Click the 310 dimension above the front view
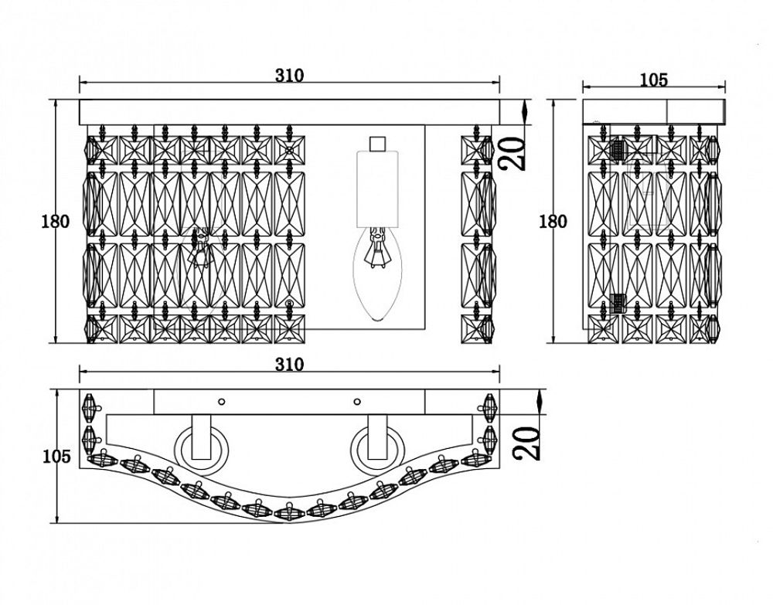pos(289,76)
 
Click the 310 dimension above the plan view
pos(289,364)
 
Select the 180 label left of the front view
pos(55,222)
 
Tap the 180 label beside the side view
pos(552,222)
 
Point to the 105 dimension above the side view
pos(654,80)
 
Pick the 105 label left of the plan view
pos(55,457)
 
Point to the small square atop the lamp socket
pos(377,144)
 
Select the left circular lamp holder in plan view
pos(201,447)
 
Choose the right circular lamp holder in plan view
pos(376,447)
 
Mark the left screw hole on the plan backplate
pos(222,401)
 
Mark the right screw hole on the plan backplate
pos(356,401)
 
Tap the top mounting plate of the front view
pos(289,111)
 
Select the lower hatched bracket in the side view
pos(618,303)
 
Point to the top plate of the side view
pos(654,111)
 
